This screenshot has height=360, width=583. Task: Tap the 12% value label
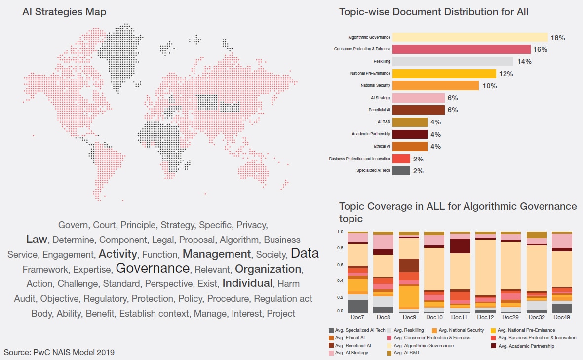click(x=506, y=74)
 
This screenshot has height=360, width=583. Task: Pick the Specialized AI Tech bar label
click(x=373, y=171)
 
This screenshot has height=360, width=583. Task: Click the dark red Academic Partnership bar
click(x=410, y=134)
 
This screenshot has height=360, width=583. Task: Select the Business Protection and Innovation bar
click(x=401, y=159)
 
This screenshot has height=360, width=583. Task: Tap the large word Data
click(x=305, y=253)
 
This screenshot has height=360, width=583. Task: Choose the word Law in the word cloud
click(x=37, y=239)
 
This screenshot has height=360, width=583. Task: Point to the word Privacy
click(x=252, y=225)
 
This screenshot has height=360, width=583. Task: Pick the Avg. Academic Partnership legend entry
click(x=526, y=346)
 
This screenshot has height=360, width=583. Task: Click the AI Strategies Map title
click(x=64, y=12)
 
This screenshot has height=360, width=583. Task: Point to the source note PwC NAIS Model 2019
click(x=59, y=352)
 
